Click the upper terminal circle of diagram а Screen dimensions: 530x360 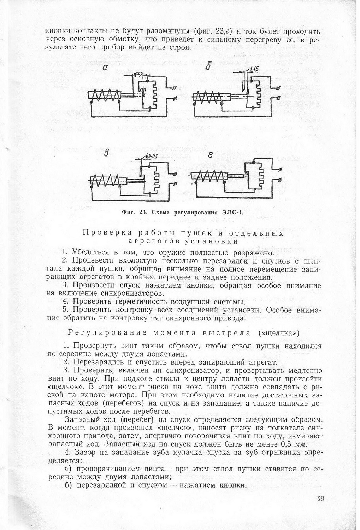pos(173,87)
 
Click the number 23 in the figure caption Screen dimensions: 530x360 pos(143,212)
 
